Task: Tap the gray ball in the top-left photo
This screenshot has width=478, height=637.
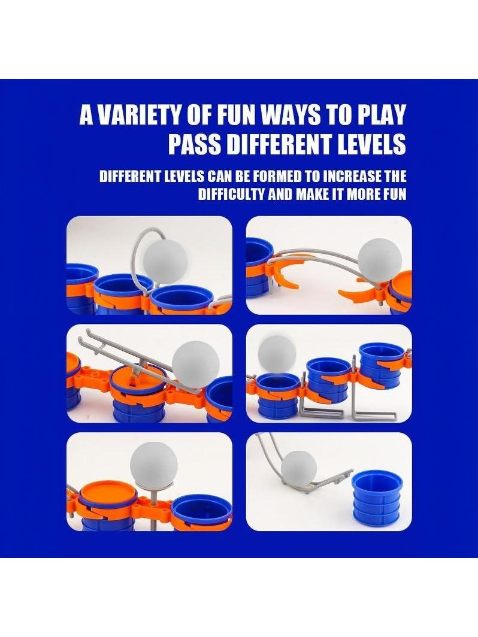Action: tap(165, 260)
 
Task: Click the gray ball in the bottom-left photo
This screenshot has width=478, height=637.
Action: tap(154, 465)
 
